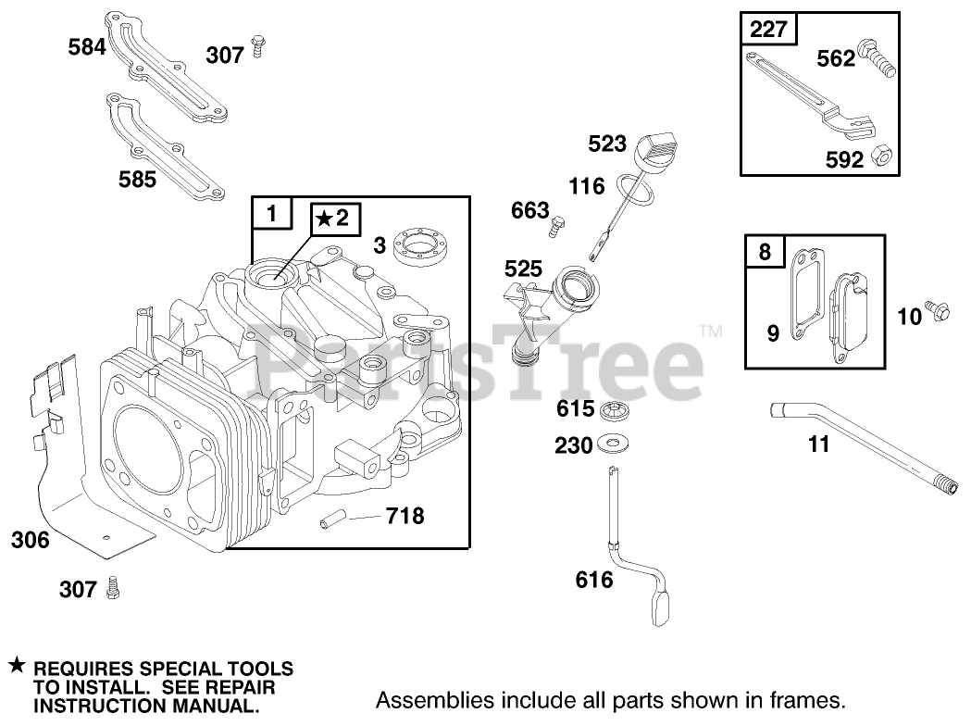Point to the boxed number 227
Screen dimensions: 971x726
point(768,30)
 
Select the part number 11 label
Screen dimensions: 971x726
point(818,445)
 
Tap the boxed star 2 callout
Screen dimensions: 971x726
point(331,219)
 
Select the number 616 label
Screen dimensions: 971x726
point(594,581)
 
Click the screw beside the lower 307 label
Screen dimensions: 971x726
point(115,586)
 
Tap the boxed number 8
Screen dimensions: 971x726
point(764,251)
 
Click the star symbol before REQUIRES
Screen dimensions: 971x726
point(16,666)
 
